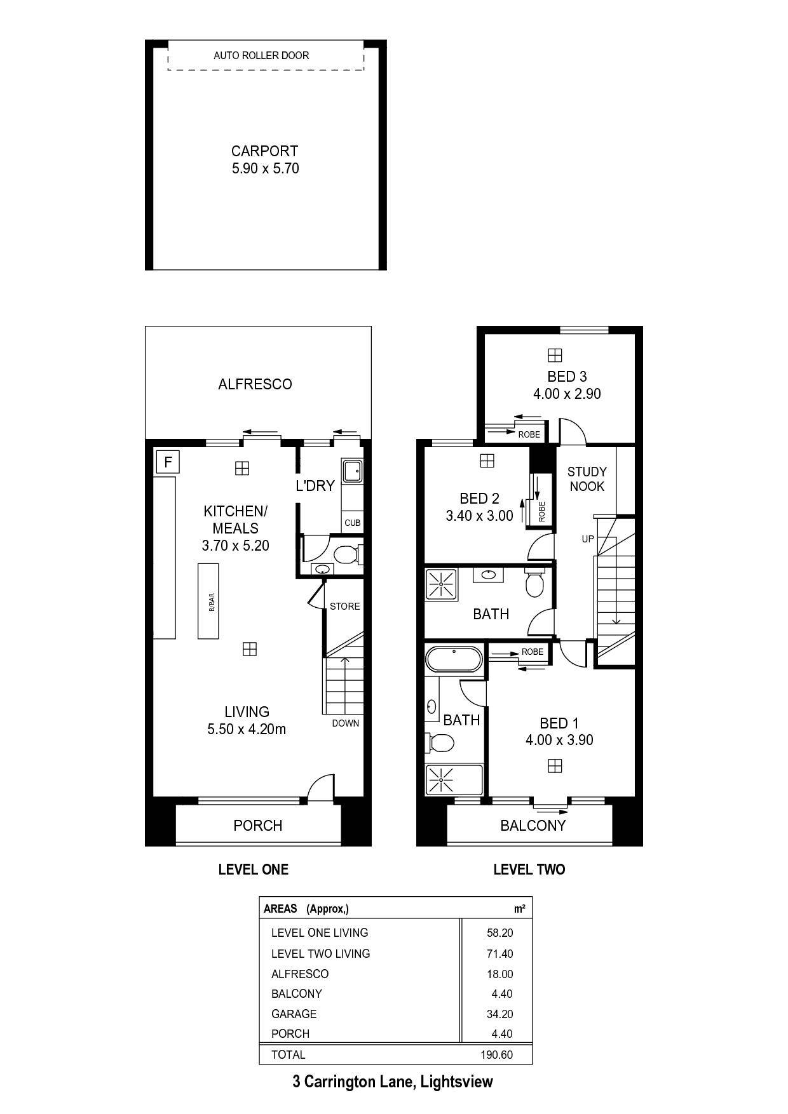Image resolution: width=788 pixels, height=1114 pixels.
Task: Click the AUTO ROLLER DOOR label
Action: [261, 56]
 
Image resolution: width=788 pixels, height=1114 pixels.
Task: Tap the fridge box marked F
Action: [168, 462]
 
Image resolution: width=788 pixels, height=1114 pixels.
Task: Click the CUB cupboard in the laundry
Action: [352, 523]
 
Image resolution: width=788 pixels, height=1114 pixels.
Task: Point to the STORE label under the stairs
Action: [344, 607]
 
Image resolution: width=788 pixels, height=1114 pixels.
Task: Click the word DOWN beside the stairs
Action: [345, 723]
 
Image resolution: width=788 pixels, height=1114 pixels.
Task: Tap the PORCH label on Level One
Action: [257, 825]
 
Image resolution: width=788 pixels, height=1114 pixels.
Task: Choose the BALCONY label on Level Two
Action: [533, 825]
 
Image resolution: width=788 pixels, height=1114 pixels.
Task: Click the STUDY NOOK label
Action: [587, 479]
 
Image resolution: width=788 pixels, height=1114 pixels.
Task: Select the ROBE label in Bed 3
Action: [529, 434]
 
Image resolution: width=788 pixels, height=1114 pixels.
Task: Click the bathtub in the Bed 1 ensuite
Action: [454, 659]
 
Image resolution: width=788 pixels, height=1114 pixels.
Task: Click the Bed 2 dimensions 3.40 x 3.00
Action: [479, 516]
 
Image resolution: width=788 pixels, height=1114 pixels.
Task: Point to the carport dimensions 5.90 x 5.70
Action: [265, 168]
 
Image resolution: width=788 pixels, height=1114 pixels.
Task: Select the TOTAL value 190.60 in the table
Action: [496, 1055]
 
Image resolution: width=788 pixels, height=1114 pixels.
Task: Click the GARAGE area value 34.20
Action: [499, 1014]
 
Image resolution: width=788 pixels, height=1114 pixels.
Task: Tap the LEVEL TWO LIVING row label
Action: [320, 953]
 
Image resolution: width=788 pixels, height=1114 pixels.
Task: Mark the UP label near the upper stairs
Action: [588, 539]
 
